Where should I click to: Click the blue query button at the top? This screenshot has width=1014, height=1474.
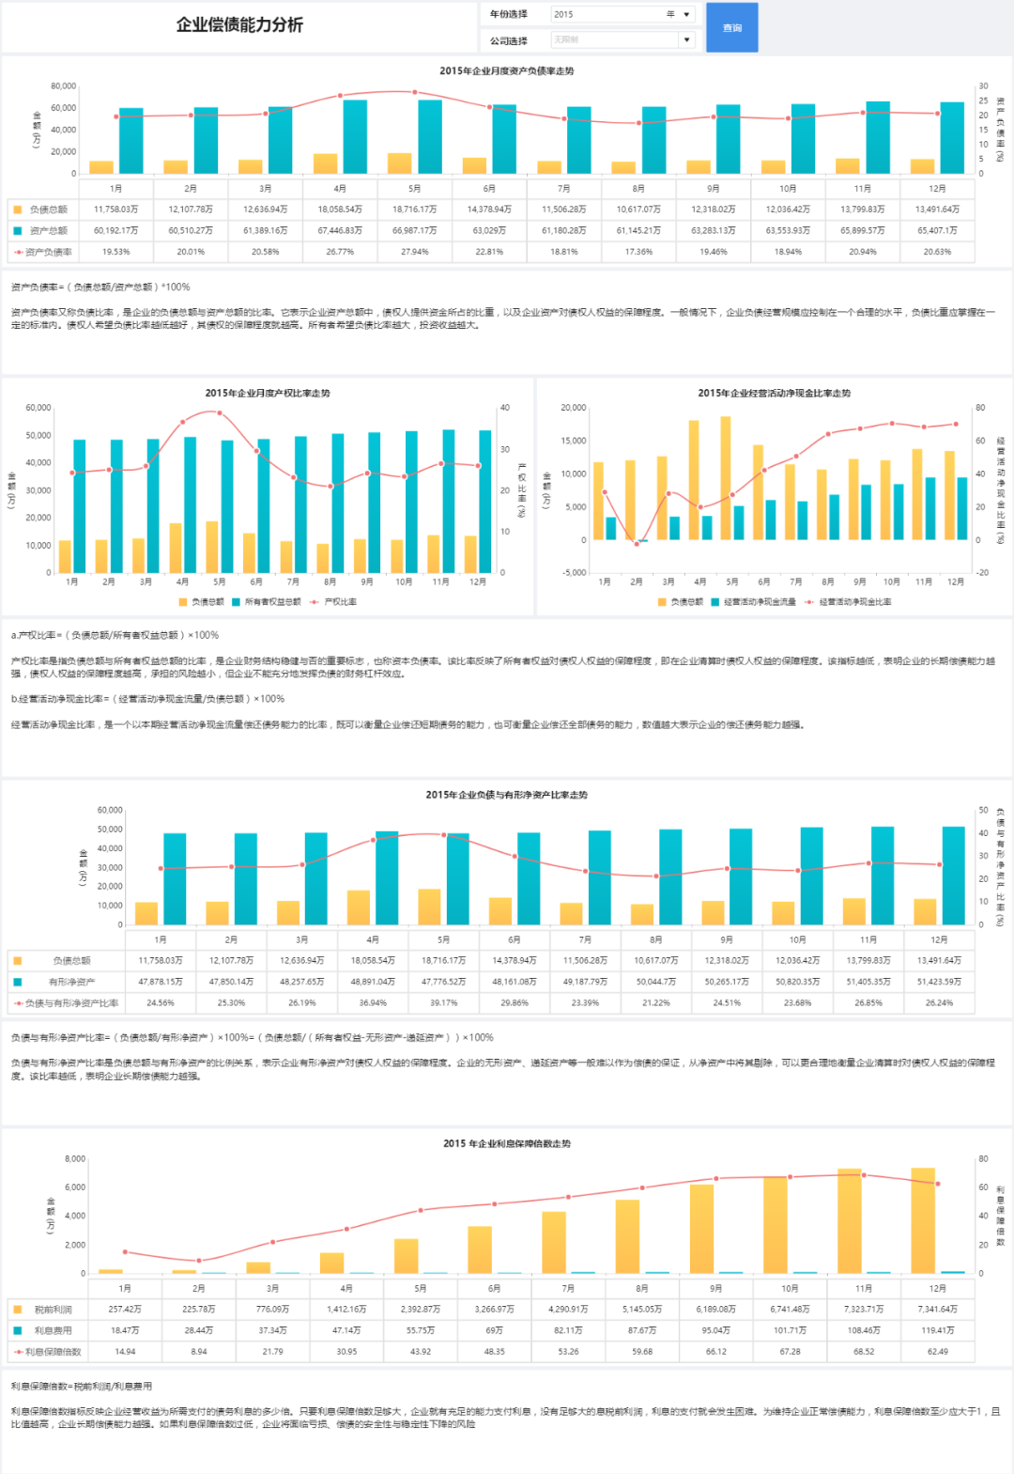click(x=731, y=27)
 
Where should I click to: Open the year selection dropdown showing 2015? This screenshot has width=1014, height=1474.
click(x=622, y=14)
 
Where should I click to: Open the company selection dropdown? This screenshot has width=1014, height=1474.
click(x=622, y=39)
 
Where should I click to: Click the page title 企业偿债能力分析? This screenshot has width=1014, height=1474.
click(x=239, y=25)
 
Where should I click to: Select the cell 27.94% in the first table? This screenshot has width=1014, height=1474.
click(x=414, y=252)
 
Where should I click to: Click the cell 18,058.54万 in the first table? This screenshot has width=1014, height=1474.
click(x=340, y=209)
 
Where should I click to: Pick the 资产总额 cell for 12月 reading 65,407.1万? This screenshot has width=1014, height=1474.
click(x=937, y=230)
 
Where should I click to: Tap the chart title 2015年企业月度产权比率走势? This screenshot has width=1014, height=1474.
click(x=268, y=394)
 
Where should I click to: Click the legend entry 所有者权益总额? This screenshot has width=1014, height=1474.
click(x=272, y=602)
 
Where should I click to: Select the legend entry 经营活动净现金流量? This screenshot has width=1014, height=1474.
click(x=759, y=602)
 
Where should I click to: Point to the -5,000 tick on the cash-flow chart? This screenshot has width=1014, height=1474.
click(x=573, y=572)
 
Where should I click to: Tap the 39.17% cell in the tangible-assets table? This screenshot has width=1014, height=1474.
click(x=443, y=1002)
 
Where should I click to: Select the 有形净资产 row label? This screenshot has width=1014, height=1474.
click(x=71, y=982)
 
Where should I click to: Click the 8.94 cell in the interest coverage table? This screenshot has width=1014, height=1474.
click(x=199, y=1352)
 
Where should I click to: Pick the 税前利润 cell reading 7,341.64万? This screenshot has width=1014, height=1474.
click(x=937, y=1310)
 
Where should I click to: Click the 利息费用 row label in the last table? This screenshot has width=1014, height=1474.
click(x=53, y=1330)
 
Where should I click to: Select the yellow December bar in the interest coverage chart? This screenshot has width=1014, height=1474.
click(x=923, y=1220)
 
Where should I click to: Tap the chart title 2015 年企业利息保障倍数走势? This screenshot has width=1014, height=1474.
click(x=507, y=1143)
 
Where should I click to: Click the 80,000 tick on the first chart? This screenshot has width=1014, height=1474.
click(x=63, y=86)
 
